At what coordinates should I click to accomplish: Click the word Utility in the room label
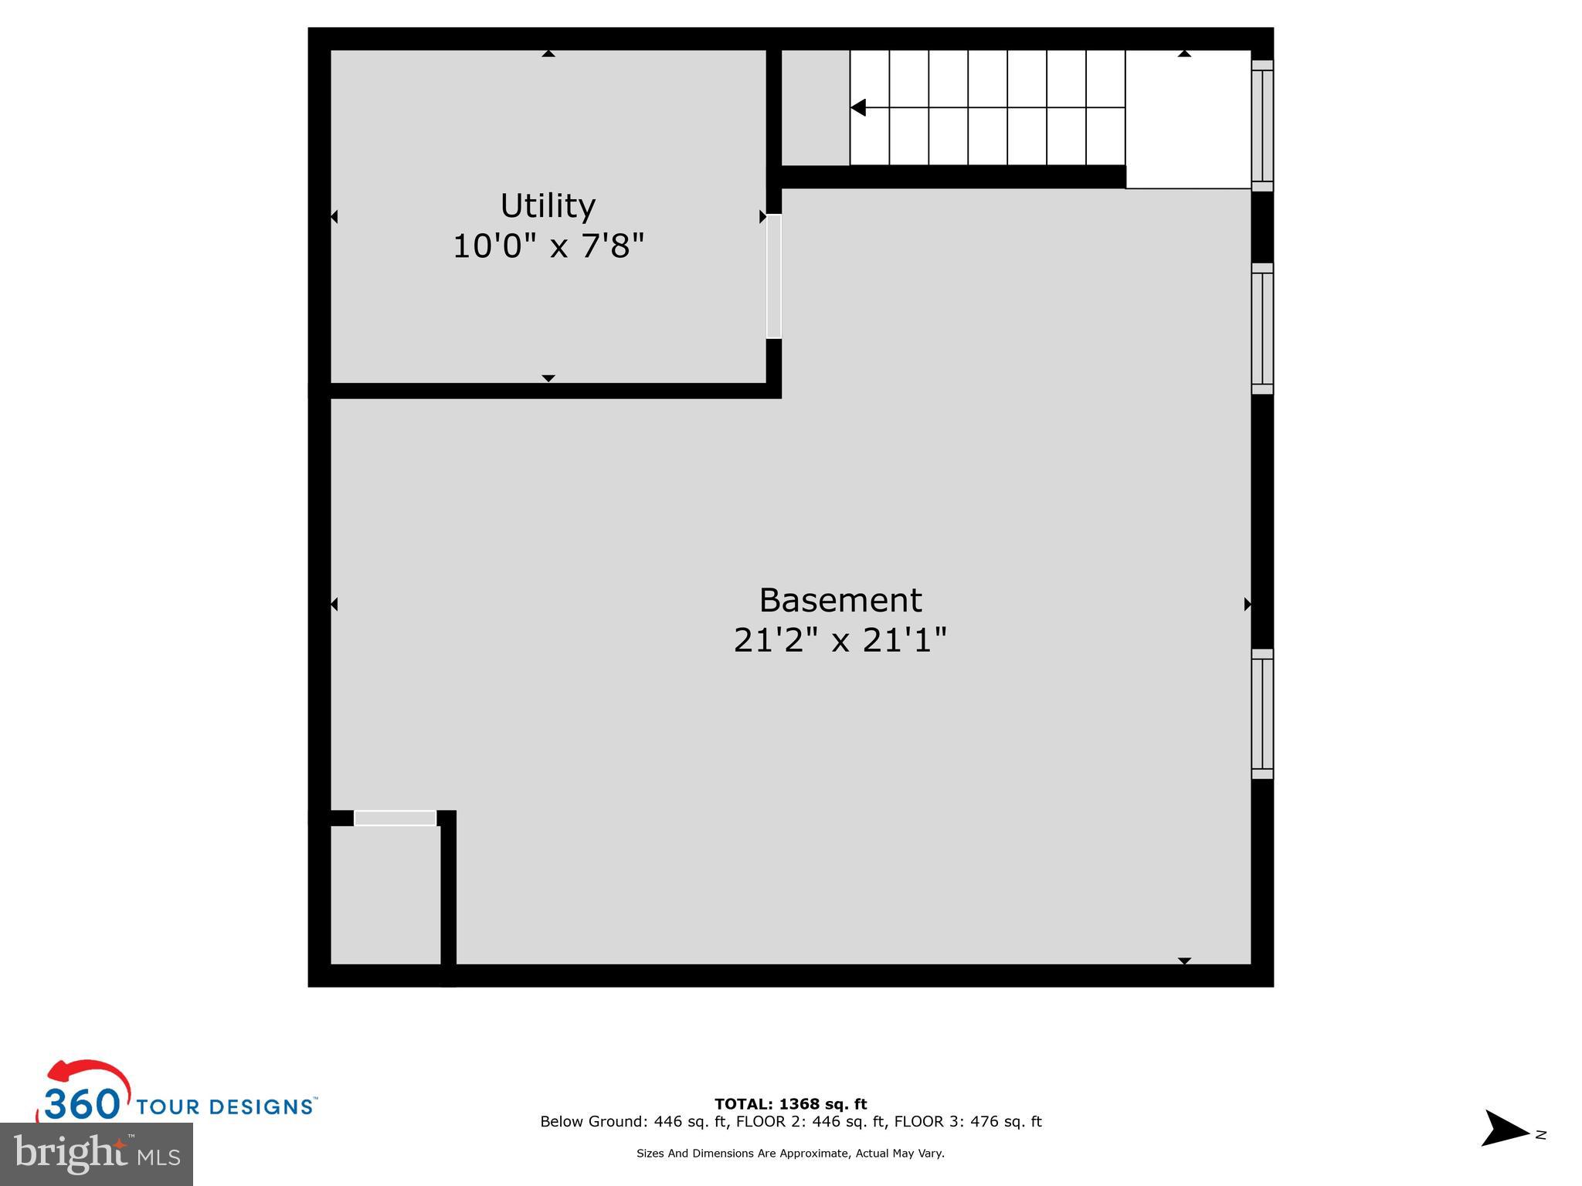point(548,206)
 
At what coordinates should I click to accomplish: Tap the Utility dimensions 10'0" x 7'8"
point(548,247)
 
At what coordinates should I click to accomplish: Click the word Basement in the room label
point(840,601)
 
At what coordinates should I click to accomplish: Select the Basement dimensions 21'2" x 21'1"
point(840,640)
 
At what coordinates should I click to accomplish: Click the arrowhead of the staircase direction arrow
point(858,108)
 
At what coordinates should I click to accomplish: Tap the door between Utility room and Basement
point(773,276)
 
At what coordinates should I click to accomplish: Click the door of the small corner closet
point(395,818)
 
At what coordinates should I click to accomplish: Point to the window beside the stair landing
point(1261,125)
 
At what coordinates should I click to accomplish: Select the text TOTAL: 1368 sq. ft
point(790,1104)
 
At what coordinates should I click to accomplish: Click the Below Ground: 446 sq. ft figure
point(633,1122)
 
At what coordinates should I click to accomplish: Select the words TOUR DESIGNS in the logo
point(225,1106)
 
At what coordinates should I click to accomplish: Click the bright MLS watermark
point(97,1154)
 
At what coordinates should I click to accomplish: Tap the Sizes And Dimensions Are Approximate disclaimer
point(790,1154)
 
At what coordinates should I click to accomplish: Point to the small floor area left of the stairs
point(815,108)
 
